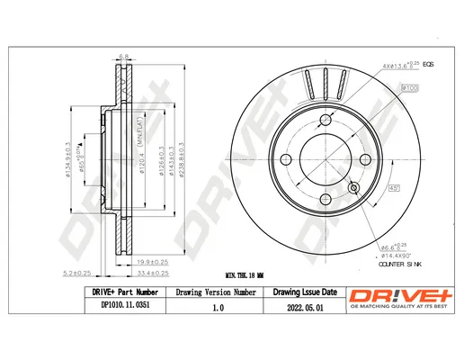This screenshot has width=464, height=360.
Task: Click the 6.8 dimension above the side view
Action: pos(124,55)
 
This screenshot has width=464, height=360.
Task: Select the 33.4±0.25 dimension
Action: pos(154,272)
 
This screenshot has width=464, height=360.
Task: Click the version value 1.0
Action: pos(219,308)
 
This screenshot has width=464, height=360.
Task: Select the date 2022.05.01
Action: pos(305,308)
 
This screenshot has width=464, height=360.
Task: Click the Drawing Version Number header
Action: pos(219,293)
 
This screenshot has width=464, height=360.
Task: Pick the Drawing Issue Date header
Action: pos(305,293)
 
